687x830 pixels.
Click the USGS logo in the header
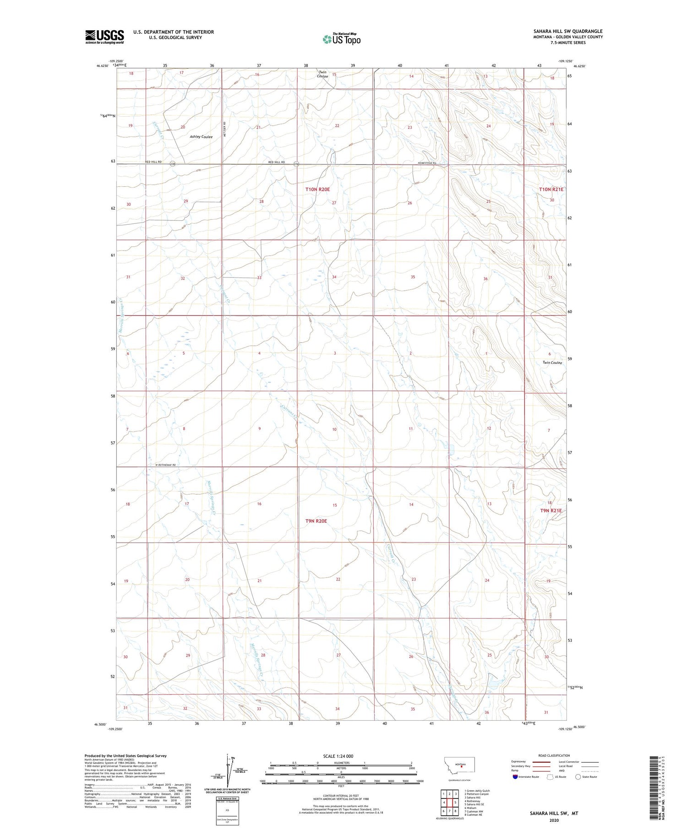coord(104,37)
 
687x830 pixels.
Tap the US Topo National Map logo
coord(342,39)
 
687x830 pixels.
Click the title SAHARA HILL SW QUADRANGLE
coord(568,31)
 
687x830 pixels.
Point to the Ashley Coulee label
coord(201,137)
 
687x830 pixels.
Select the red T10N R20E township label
coord(317,189)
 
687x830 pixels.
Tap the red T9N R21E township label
coord(551,510)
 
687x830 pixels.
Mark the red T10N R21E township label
coord(551,189)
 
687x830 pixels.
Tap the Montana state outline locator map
coord(461,765)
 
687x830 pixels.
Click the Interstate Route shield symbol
coord(515,777)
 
